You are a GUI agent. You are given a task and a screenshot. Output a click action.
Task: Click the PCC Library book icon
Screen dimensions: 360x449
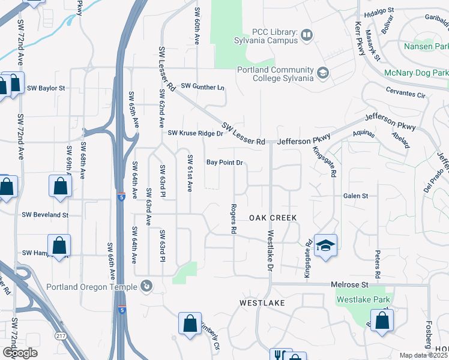coord(306,35)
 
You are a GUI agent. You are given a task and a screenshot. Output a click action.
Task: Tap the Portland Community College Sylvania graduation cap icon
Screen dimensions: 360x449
coord(323,73)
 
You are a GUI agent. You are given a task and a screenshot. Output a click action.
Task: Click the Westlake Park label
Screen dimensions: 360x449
coord(363,299)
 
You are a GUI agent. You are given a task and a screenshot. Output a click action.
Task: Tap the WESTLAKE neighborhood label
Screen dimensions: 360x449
coord(262,304)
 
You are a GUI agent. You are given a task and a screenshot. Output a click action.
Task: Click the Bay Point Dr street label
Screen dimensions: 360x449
coord(224,163)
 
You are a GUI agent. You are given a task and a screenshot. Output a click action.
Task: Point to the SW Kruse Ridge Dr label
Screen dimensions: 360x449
coord(195,133)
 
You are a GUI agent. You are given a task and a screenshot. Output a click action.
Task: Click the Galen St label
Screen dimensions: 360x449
coord(355,196)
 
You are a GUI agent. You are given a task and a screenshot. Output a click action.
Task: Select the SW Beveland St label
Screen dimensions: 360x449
coord(45,214)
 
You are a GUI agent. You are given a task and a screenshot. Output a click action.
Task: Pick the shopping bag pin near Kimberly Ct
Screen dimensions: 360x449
coord(190,324)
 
